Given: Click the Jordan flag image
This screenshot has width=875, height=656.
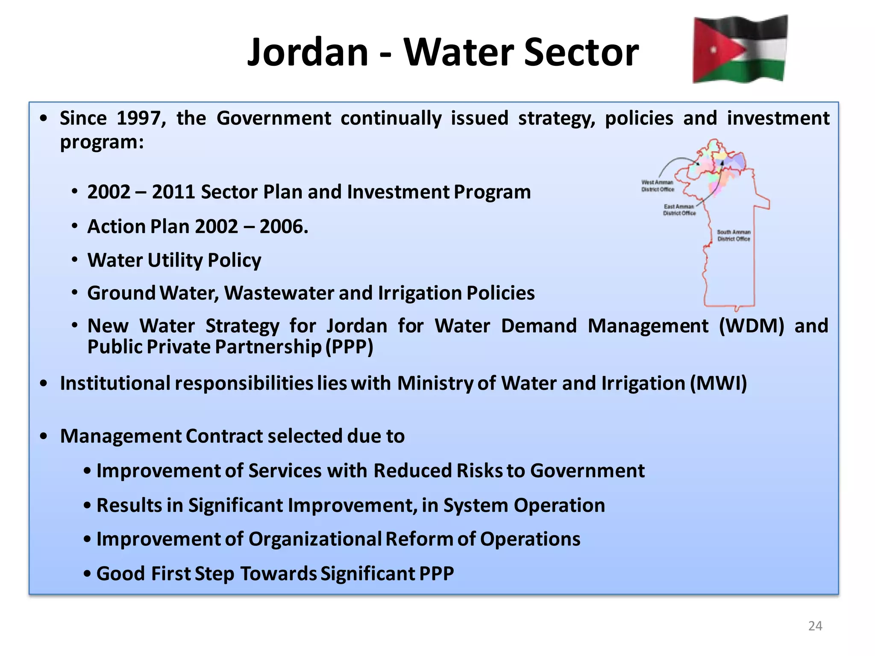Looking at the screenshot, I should coord(740,49).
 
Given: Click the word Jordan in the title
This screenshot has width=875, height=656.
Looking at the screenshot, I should coord(308,52).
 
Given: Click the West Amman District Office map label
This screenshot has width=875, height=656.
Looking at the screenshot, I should coord(658,186).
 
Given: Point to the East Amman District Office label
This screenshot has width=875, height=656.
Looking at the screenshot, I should coord(679,210).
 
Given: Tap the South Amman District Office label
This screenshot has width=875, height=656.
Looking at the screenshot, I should coord(734,235).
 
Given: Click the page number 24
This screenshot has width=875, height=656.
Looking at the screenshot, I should coord(815,626).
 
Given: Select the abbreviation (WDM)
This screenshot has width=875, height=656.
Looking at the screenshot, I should coord(752,326).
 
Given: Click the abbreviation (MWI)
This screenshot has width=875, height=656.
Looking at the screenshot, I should coord(719,383).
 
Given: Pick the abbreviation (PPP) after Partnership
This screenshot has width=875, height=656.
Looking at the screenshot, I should coord(349,347).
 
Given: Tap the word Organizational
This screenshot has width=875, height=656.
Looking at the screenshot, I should coord(314,539).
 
